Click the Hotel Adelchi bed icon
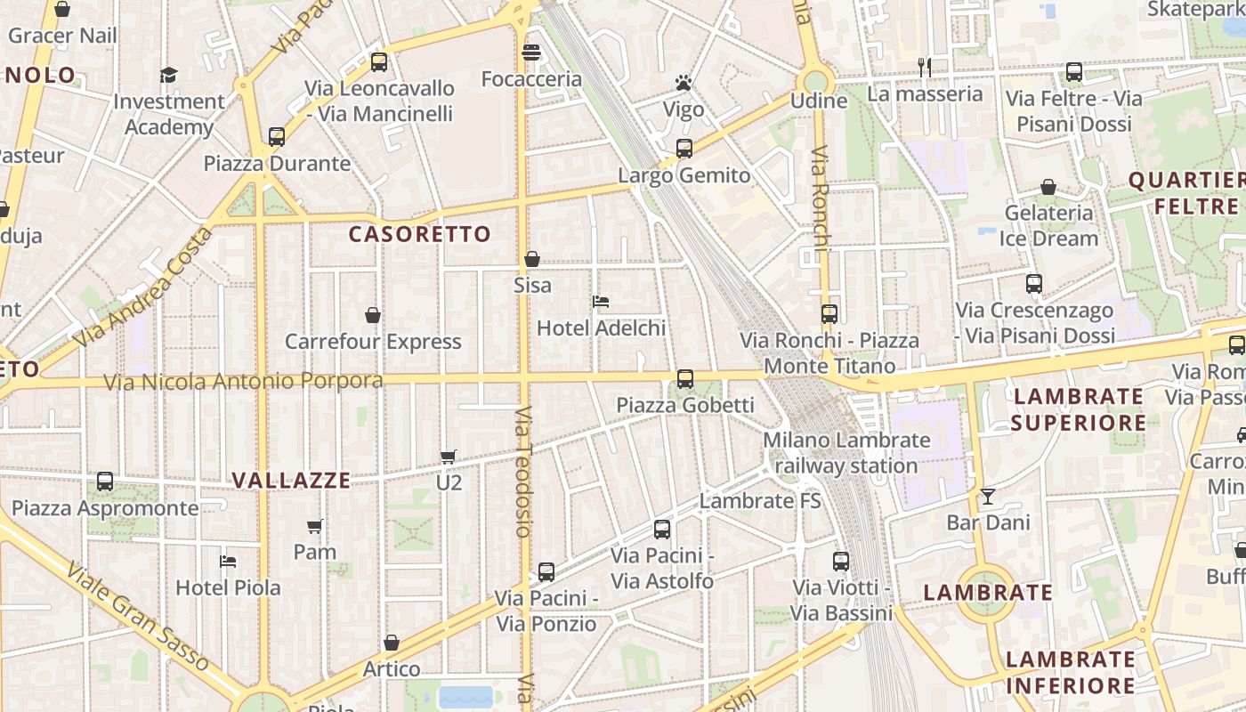[x=601, y=302]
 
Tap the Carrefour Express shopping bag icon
[x=373, y=315]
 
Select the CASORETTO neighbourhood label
[x=420, y=234]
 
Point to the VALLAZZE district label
[x=292, y=481]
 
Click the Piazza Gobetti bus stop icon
[x=684, y=379]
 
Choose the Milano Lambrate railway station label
[x=846, y=452]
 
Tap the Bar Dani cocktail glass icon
[x=987, y=496]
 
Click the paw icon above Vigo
[x=683, y=84]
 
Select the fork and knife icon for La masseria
[x=925, y=67]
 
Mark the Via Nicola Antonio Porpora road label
[x=243, y=382]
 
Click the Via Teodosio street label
[x=523, y=472]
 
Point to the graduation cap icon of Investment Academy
[x=168, y=75]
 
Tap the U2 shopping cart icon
[x=449, y=457]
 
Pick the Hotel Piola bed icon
[x=228, y=561]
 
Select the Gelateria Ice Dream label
[x=1049, y=225]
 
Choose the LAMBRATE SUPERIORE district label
[x=1079, y=409]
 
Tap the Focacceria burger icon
[x=531, y=53]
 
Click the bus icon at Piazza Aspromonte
[x=105, y=481]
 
